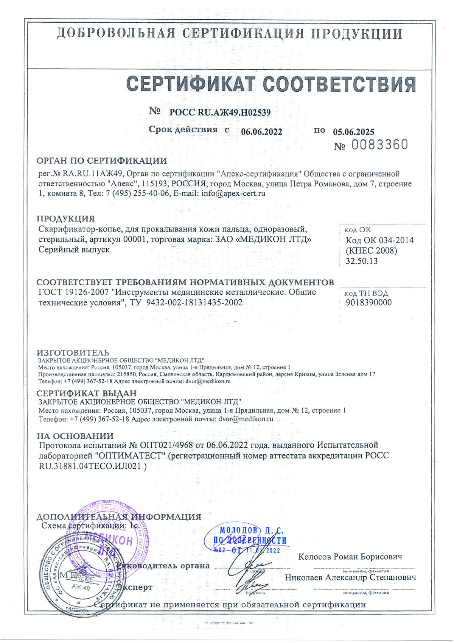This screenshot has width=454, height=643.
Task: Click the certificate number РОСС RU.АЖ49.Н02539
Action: point(220,112)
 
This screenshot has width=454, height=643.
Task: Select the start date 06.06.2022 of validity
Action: point(261,131)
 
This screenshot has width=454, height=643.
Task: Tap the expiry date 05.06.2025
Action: point(353,132)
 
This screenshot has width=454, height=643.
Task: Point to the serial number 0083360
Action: point(380,145)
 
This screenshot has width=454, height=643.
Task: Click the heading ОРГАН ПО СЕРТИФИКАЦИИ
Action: point(101,160)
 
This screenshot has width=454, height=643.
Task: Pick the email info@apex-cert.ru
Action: point(233,193)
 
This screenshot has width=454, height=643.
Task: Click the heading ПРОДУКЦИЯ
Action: point(65,219)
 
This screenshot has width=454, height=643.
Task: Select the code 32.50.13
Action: point(361,261)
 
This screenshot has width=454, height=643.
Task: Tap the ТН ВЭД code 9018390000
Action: point(368,302)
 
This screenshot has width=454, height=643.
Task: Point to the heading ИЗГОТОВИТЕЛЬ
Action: point(73,353)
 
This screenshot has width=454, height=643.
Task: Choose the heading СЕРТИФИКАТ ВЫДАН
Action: point(86,393)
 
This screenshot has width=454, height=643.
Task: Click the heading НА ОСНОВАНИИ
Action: point(75,436)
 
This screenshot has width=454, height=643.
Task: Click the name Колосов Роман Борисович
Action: point(350,557)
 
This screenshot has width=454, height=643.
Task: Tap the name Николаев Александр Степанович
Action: point(350,577)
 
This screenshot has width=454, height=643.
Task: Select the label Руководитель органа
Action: point(163,566)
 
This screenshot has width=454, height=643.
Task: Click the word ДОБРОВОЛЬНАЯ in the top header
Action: point(116,34)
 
